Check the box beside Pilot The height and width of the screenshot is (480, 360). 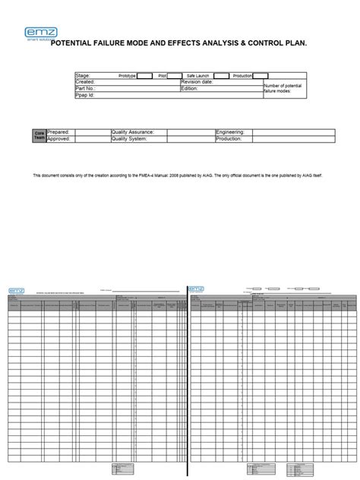[x=175, y=76]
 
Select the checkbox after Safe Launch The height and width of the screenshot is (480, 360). [x=221, y=76]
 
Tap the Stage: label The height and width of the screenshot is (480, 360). [x=83, y=76]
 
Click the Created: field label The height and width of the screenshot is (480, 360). [x=86, y=83]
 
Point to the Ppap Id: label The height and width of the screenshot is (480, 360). [x=85, y=96]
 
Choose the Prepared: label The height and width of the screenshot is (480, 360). [x=59, y=132]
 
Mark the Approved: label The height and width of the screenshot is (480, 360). [x=60, y=139]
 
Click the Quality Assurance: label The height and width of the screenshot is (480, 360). [x=133, y=132]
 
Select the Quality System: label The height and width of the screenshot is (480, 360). [x=130, y=139]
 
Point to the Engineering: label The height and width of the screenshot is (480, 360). [x=231, y=132]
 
